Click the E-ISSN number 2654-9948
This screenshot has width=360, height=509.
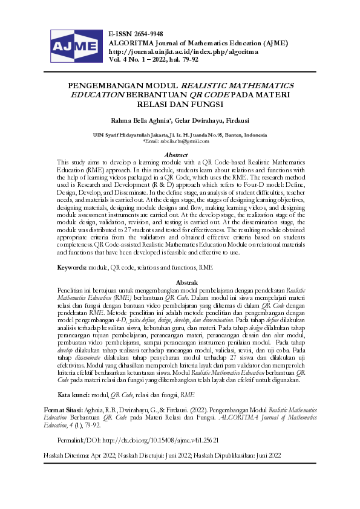pos(146,33)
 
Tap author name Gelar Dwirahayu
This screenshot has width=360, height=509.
pos(186,120)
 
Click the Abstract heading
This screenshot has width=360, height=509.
pos(180,155)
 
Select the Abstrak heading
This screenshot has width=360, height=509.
pos(180,282)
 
